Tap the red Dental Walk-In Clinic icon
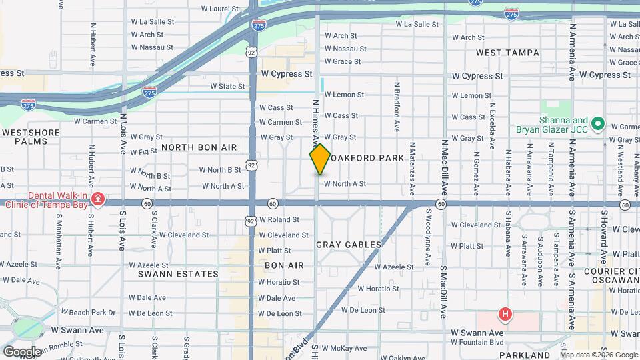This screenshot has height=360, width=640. (x=98, y=199)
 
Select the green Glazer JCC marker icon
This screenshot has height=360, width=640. (x=598, y=123)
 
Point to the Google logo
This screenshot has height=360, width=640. (x=22, y=352)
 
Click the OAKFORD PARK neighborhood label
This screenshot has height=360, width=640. (x=366, y=158)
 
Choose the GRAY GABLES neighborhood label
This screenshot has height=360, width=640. (x=349, y=245)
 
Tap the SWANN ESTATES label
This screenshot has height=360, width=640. (x=178, y=274)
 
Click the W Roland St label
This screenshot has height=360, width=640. (x=279, y=219)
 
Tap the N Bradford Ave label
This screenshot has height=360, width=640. (x=397, y=107)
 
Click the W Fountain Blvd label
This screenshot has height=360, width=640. (x=478, y=343)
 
